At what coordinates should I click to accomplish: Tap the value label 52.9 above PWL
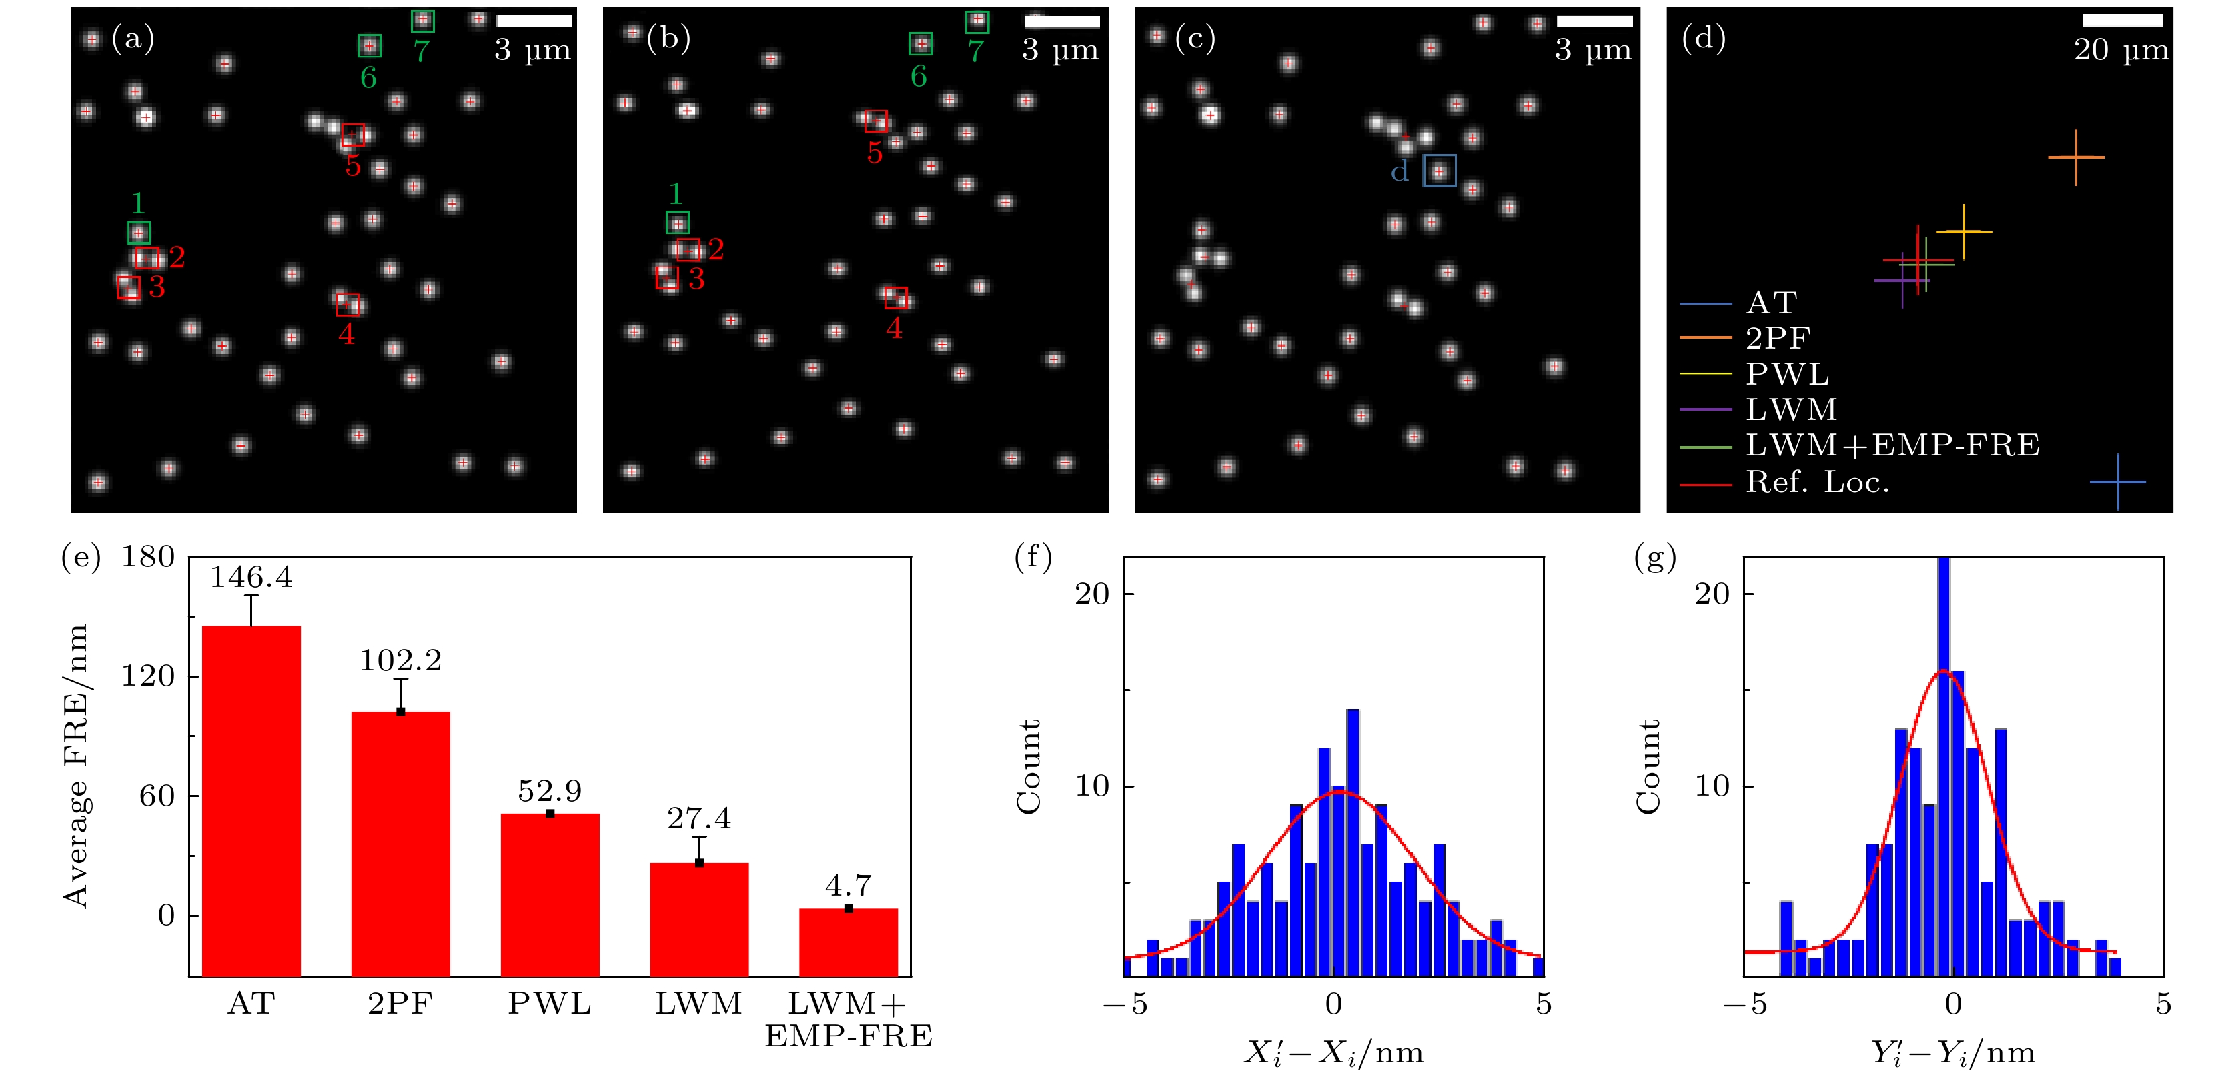[550, 790]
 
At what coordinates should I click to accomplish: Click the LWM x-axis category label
[698, 1003]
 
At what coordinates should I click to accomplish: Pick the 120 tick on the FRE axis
[148, 676]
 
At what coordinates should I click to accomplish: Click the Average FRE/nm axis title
[76, 766]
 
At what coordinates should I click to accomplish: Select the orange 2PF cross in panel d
[2075, 157]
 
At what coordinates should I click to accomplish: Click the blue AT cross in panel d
[2118, 481]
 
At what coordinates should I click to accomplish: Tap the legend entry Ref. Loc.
[1816, 481]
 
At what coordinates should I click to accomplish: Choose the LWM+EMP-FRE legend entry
[1892, 445]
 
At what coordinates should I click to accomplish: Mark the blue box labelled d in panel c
[1439, 171]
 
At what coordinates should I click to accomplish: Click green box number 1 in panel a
[139, 232]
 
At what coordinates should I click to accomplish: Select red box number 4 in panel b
[896, 298]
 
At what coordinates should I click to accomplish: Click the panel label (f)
[1033, 556]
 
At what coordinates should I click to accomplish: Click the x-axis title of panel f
[1333, 1053]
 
